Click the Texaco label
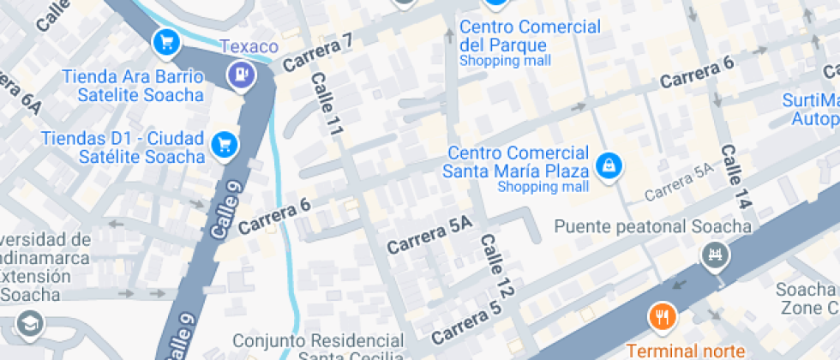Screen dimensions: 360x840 249,46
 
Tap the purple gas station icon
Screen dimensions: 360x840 243,75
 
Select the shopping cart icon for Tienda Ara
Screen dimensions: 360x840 165,40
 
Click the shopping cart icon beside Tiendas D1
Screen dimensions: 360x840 225,143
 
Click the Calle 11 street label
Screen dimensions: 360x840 327,105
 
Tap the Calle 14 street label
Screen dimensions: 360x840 735,177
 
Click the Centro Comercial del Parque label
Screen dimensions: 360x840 530,35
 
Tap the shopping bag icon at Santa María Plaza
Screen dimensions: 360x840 608,164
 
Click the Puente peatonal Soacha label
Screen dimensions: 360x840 653,227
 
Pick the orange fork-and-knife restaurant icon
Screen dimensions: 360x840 662,317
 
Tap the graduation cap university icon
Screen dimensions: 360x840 31,324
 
